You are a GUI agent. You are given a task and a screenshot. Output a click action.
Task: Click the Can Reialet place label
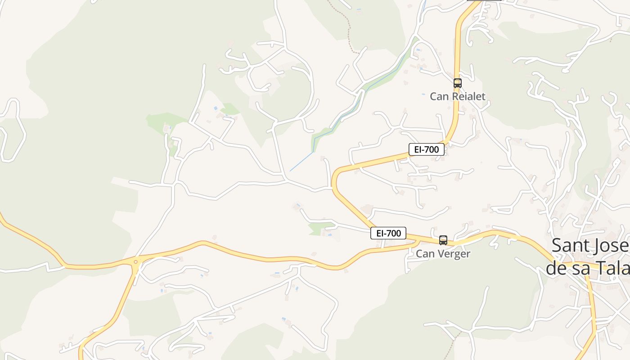tap(457, 96)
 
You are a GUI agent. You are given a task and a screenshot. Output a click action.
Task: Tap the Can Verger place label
tap(443, 253)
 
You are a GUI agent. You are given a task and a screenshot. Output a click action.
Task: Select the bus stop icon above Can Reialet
tap(457, 83)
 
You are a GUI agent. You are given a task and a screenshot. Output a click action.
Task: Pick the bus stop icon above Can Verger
tap(443, 240)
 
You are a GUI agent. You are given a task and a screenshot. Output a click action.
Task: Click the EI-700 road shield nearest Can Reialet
tap(426, 149)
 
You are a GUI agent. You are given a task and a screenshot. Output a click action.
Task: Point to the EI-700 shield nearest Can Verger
tap(388, 233)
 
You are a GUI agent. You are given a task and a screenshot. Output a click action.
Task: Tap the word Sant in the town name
tap(568, 246)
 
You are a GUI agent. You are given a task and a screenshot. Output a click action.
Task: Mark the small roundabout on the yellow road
tap(135, 261)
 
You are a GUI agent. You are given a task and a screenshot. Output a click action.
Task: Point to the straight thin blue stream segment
tap(301, 162)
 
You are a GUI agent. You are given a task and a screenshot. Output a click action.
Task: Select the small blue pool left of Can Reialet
tap(423, 94)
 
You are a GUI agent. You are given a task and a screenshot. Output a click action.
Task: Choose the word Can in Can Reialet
tap(439, 96)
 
